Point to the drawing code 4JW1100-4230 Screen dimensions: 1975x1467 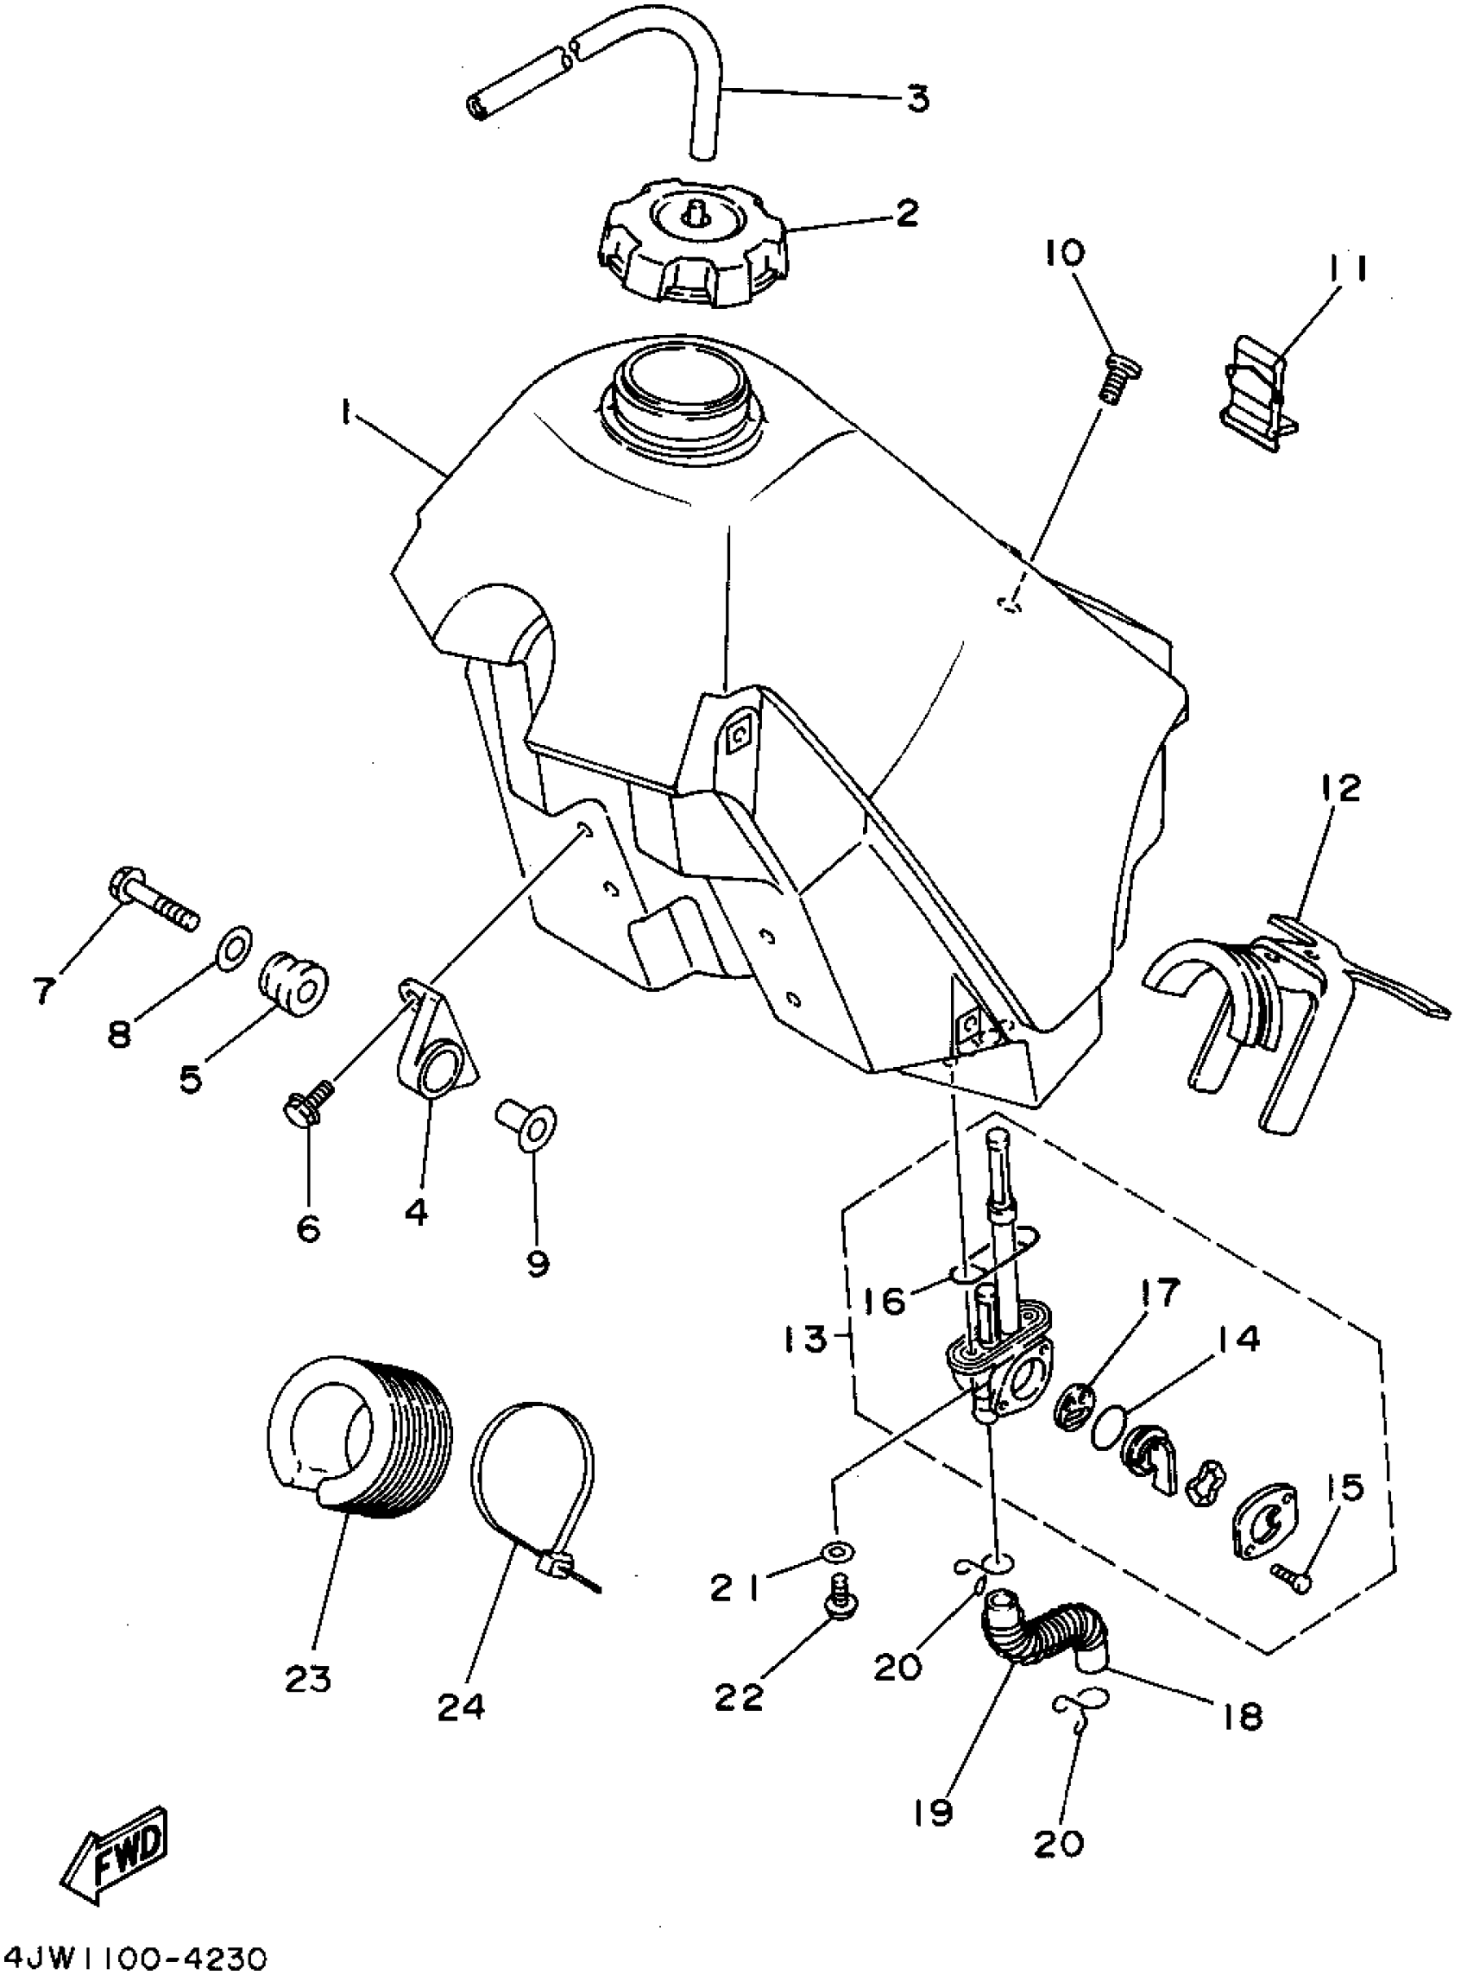point(134,1953)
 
